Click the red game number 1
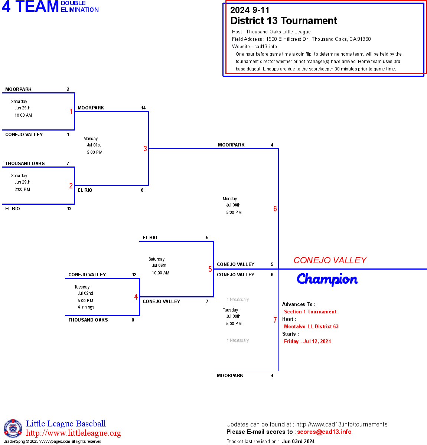[71, 112]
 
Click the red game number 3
[145, 149]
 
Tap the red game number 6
[275, 209]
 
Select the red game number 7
[275, 320]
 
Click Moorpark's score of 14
[143, 108]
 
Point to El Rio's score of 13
[69, 209]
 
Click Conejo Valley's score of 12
[134, 275]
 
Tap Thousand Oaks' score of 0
[133, 320]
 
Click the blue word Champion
[327, 279]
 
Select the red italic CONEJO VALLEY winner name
[330, 260]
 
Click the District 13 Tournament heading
[284, 21]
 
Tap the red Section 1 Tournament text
[310, 312]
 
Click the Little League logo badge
[13, 428]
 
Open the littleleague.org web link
[74, 433]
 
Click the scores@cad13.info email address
[324, 432]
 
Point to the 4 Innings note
[86, 307]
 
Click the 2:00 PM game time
[22, 189]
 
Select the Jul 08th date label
[233, 205]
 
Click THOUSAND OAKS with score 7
[25, 164]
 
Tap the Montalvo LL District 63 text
[311, 327]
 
